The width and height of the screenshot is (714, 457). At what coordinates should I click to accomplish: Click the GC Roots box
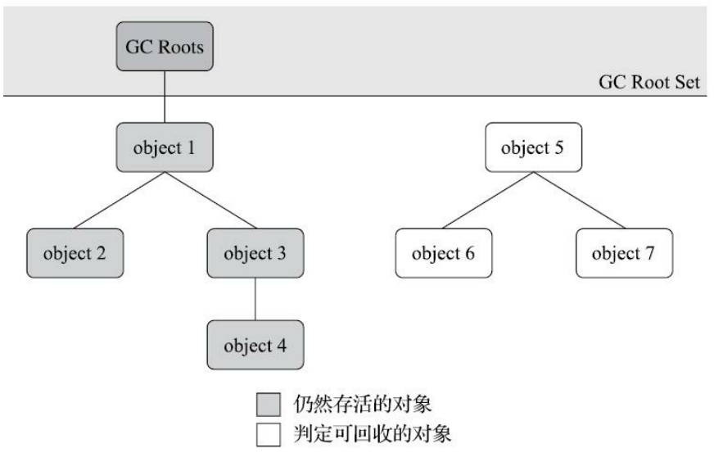click(x=165, y=47)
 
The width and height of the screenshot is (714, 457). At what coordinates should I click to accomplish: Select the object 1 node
click(x=165, y=147)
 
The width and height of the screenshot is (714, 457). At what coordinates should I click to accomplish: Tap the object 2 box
click(x=75, y=253)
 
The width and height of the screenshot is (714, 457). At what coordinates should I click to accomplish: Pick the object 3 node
click(x=255, y=253)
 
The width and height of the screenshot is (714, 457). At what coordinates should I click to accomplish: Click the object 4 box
click(x=255, y=345)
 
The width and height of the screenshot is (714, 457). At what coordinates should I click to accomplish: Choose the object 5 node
click(x=533, y=147)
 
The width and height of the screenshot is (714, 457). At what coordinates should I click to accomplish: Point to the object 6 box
click(x=444, y=253)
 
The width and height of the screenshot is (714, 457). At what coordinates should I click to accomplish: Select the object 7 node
click(x=624, y=253)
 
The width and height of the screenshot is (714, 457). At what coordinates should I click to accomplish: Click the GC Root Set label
click(x=648, y=82)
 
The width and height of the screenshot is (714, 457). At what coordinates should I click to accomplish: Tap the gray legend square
click(x=269, y=405)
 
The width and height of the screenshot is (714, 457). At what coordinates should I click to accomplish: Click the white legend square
click(x=269, y=435)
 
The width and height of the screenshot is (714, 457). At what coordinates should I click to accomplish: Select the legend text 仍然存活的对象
click(x=362, y=404)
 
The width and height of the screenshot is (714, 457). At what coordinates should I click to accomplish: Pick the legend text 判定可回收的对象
click(x=372, y=434)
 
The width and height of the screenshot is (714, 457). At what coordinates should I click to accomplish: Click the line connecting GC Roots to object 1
click(x=165, y=97)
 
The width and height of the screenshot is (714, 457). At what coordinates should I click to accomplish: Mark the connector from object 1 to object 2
click(x=119, y=201)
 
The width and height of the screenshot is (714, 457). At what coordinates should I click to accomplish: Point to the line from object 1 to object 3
click(x=210, y=201)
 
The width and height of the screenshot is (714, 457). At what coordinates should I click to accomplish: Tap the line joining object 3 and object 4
click(x=255, y=299)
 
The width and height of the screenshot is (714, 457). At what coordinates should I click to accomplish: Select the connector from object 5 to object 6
click(x=488, y=201)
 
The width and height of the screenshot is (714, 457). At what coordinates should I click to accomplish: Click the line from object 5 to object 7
click(x=580, y=201)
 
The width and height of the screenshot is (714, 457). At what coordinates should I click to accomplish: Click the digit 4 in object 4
click(x=282, y=346)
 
